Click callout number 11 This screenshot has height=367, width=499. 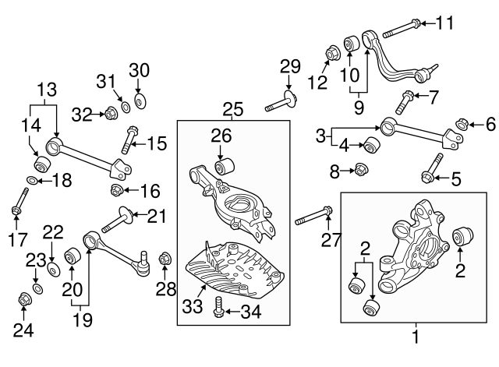click(x=444, y=23)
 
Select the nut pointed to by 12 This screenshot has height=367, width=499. click(x=331, y=52)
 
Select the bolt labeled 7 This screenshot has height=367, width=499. click(x=405, y=101)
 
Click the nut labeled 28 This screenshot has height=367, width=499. click(x=165, y=258)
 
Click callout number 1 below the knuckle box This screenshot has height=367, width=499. click(x=416, y=337)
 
